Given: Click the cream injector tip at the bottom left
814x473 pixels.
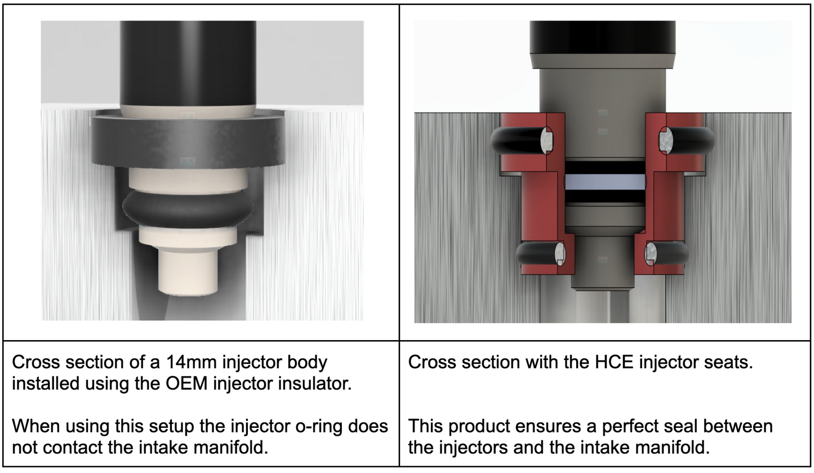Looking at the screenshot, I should (x=188, y=273).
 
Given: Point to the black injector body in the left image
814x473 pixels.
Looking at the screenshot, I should (x=188, y=62).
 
